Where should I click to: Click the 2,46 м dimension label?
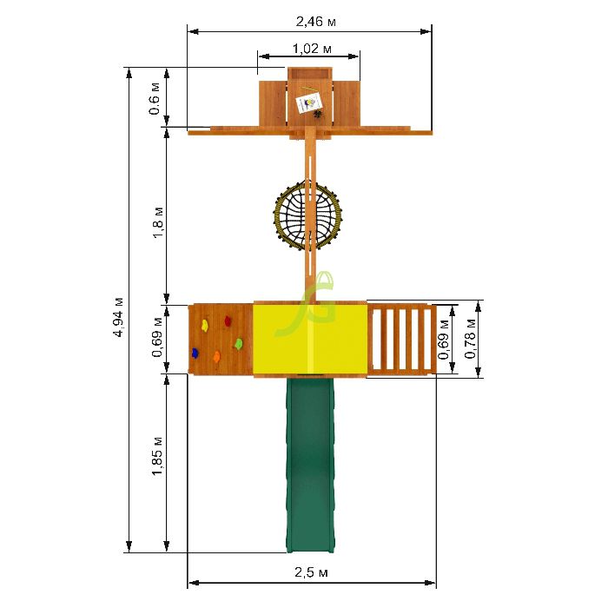pos(315,22)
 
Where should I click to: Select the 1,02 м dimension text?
pos(312,49)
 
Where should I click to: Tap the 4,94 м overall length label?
pos(119,317)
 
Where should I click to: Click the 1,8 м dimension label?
pos(158,222)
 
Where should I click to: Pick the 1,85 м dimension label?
pos(157,456)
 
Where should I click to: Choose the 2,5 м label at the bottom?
pos(311,572)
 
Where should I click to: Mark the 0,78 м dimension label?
pos(470,339)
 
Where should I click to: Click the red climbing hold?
pos(228,321)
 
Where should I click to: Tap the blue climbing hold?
pos(195,353)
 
